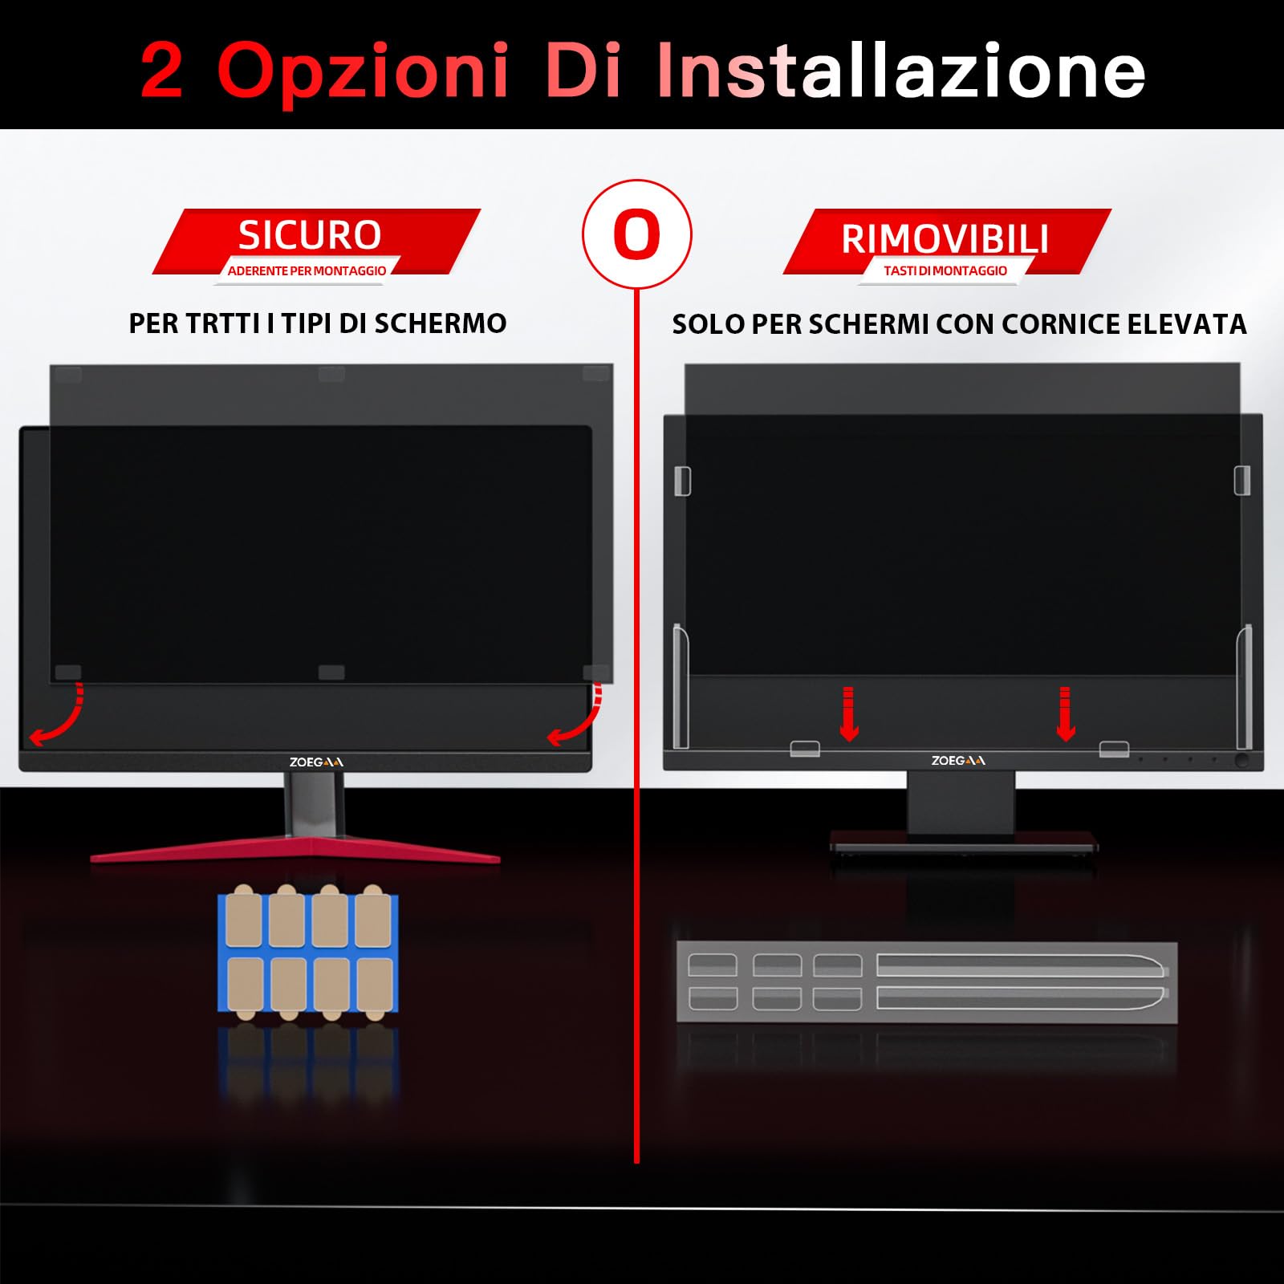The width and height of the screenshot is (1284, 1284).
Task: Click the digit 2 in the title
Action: (x=163, y=71)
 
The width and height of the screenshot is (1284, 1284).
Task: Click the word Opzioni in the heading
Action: (x=363, y=71)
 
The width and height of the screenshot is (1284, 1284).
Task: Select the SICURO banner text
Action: (x=310, y=235)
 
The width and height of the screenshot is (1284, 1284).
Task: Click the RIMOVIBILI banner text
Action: (x=945, y=239)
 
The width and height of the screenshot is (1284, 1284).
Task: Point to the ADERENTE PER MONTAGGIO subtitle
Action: (x=307, y=271)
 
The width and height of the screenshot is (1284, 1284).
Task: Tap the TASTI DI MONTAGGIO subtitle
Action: (x=945, y=271)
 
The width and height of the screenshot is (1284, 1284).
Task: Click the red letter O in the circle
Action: (x=636, y=234)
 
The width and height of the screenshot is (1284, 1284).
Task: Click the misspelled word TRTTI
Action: (x=221, y=323)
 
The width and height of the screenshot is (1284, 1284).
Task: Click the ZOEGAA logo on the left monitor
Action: (x=316, y=762)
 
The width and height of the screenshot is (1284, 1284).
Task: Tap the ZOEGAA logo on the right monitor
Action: (x=958, y=760)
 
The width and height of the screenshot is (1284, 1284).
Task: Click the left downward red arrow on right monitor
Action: (x=849, y=713)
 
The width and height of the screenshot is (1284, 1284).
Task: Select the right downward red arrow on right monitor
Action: (x=1065, y=713)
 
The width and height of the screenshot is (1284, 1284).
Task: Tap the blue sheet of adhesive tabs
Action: (x=308, y=953)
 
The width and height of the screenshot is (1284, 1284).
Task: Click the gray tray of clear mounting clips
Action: (x=926, y=982)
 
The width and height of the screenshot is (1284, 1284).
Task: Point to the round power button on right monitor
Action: (x=1241, y=759)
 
